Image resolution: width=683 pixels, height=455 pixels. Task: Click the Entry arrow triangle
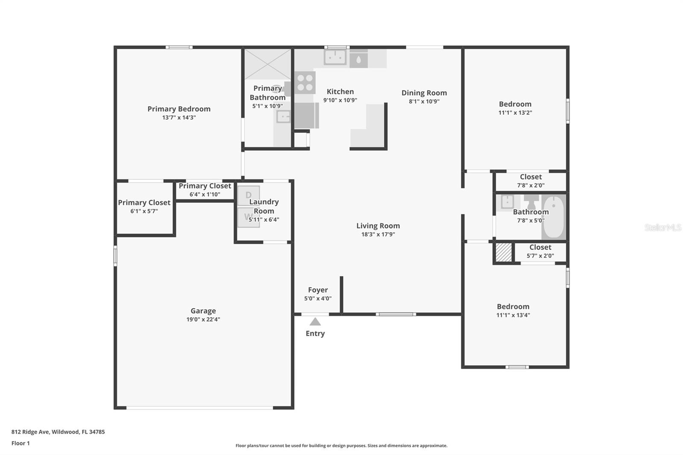(x=315, y=322)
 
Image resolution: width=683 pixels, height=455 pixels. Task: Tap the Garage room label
(x=203, y=311)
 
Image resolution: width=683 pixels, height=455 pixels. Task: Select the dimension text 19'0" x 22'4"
(x=203, y=319)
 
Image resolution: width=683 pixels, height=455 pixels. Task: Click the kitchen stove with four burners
(x=305, y=83)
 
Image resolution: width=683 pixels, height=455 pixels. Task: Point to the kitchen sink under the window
(x=335, y=57)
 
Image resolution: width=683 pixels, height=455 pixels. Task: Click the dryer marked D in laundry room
(x=248, y=195)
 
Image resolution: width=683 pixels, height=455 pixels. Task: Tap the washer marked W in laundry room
(x=248, y=217)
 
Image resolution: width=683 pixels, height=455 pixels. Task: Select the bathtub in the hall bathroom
(x=553, y=217)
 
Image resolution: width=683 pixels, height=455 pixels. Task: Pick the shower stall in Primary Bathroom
(x=267, y=64)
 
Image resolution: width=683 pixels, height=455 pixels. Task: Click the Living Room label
(x=378, y=226)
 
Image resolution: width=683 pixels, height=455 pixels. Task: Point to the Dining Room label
(x=424, y=93)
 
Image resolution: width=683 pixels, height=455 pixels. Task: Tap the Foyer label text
(x=318, y=290)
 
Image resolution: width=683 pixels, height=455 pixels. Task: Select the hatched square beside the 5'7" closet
(x=503, y=252)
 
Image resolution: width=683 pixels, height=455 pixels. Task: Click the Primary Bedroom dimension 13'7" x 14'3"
(x=179, y=117)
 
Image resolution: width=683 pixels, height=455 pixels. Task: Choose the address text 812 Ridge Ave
(x=58, y=432)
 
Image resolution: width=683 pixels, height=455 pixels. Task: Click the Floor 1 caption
(x=20, y=443)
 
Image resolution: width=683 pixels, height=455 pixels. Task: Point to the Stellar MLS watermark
(x=663, y=227)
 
